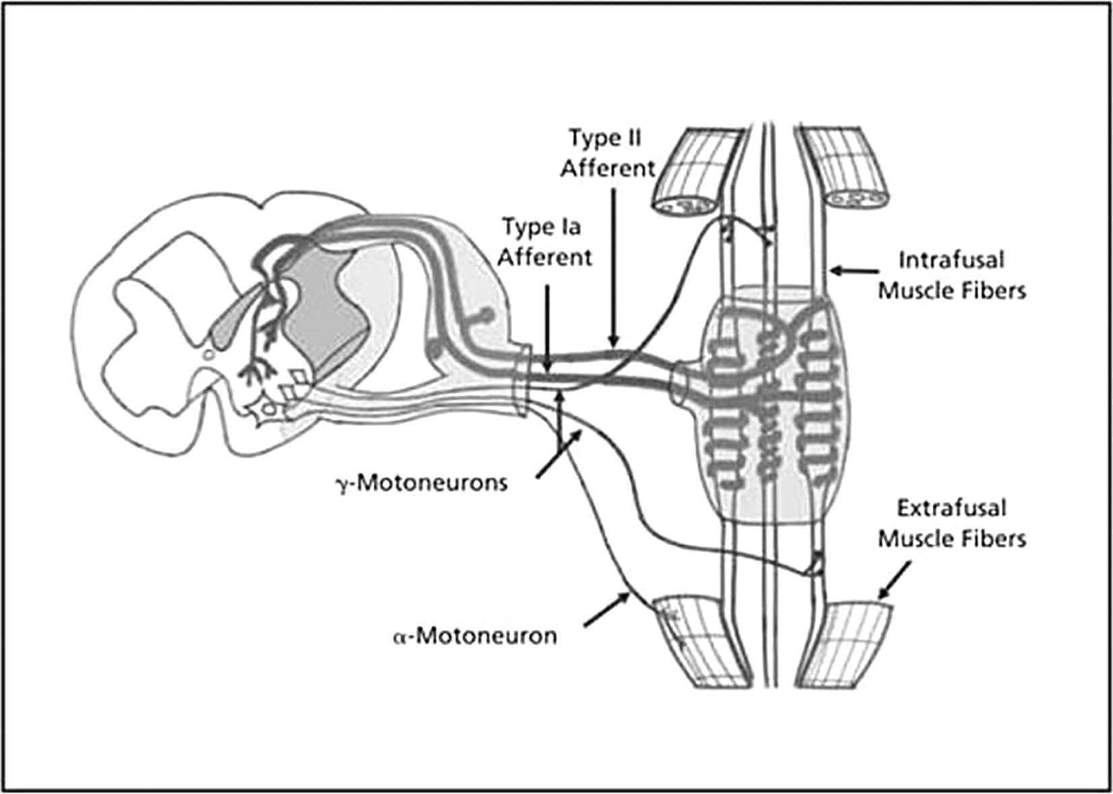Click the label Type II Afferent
pos(608,153)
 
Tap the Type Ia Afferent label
pos(545,242)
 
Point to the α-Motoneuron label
pos(475,636)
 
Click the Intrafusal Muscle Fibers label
pos(952,275)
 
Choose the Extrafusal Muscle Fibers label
pos(952,523)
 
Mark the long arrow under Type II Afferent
pos(613,266)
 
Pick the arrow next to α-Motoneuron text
pos(606,611)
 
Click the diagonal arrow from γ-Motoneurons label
pos(559,455)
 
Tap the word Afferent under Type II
pos(608,168)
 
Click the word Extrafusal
pos(952,508)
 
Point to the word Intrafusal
pos(952,260)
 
